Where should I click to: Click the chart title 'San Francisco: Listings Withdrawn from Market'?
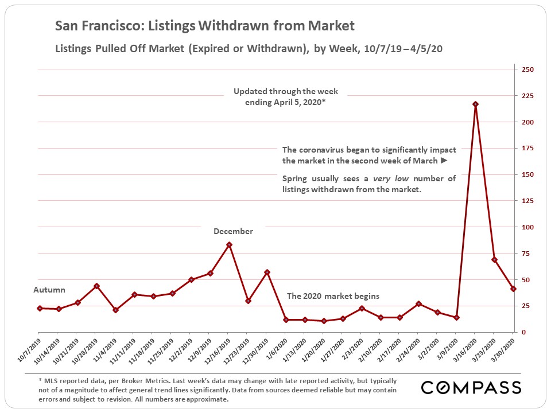[x=204, y=26]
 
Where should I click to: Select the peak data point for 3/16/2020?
[x=475, y=104]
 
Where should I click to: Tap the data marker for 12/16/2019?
[x=229, y=245]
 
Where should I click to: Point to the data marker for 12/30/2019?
[x=267, y=272]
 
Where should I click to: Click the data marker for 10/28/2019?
[x=96, y=286]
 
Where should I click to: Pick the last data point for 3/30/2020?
[x=513, y=289]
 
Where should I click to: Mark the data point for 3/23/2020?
[x=494, y=260]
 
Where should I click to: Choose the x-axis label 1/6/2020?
[x=277, y=349]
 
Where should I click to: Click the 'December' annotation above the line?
[x=233, y=231]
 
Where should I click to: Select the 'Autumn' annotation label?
[x=49, y=290]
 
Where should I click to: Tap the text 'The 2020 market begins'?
[x=333, y=297]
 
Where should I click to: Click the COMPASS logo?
[x=471, y=387]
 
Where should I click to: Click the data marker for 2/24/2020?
[x=418, y=304]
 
